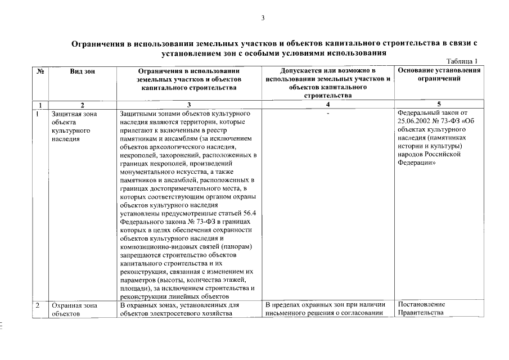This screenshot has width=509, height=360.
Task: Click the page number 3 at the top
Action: [263, 18]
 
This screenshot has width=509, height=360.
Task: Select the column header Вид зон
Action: [82, 71]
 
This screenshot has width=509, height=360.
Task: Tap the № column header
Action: [40, 71]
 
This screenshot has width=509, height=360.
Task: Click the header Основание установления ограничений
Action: [439, 75]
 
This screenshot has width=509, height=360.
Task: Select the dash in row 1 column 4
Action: [327, 114]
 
